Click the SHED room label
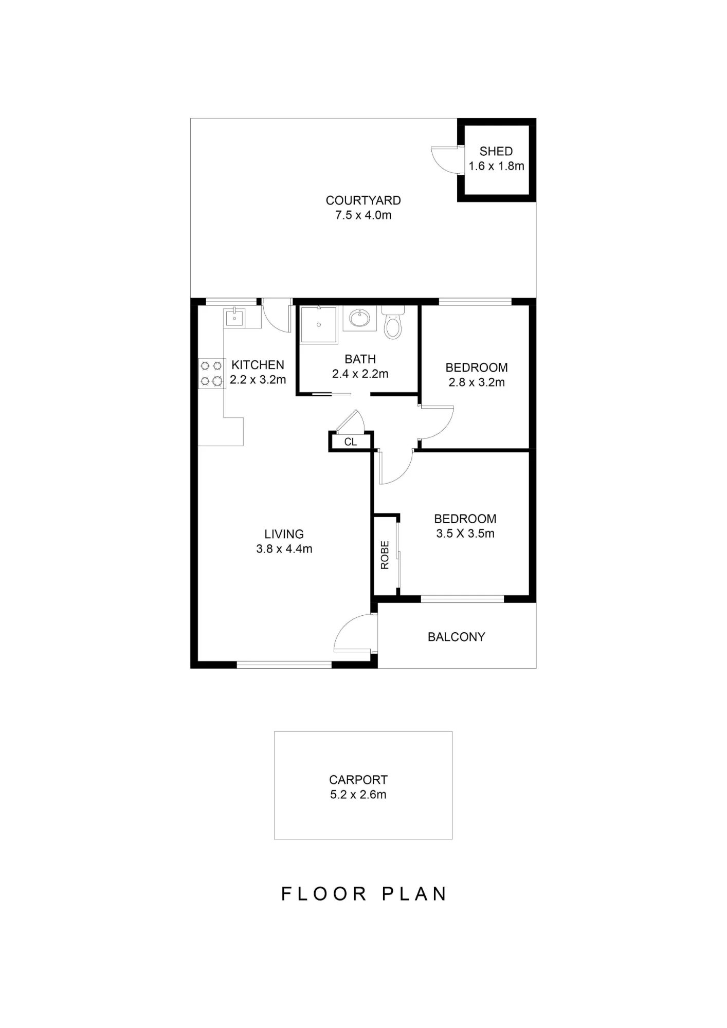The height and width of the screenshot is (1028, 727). tap(496, 151)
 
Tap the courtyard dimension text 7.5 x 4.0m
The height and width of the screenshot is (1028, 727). tap(363, 215)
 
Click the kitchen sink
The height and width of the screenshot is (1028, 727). tap(234, 317)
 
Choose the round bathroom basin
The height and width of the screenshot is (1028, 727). tap(359, 318)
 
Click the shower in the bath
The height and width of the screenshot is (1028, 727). tap(319, 324)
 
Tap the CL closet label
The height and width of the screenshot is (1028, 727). tap(350, 442)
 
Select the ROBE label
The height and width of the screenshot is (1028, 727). tap(385, 555)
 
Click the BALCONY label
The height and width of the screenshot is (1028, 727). tap(456, 637)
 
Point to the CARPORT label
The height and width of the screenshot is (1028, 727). tap(358, 780)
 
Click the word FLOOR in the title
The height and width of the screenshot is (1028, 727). tap(324, 894)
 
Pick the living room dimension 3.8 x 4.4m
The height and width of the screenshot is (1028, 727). tap(284, 549)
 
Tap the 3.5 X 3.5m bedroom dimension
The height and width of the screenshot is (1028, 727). tap(465, 534)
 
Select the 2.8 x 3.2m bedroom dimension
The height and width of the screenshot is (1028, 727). tap(477, 382)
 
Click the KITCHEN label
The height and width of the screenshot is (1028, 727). tap(258, 365)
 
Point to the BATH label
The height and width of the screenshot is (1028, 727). tap(360, 359)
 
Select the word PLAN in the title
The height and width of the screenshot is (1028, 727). tap(414, 894)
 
